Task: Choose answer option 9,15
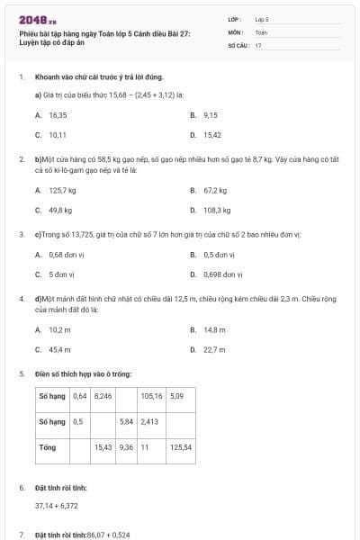pyautogui.click(x=211, y=115)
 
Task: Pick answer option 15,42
pyautogui.click(x=212, y=135)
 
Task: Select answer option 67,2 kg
pyautogui.click(x=215, y=190)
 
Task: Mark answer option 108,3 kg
pyautogui.click(x=217, y=210)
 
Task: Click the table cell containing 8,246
pyautogui.click(x=103, y=396)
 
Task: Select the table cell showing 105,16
pyautogui.click(x=151, y=396)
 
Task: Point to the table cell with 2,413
pyautogui.click(x=149, y=421)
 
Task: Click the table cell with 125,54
pyautogui.click(x=181, y=446)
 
